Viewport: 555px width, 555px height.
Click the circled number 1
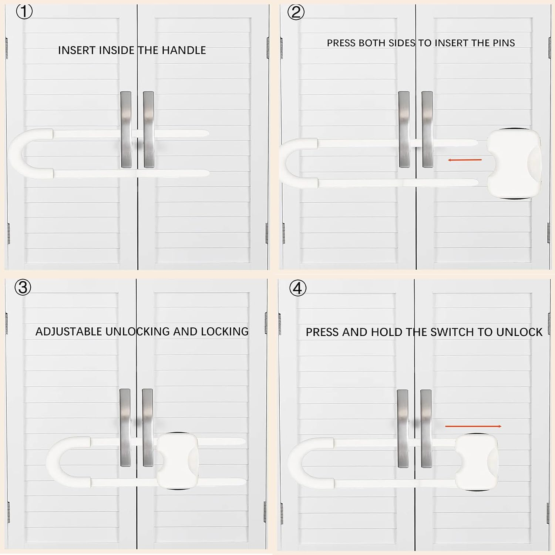click(x=24, y=12)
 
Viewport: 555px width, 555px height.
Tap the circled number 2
click(x=296, y=13)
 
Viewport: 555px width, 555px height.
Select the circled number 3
click(x=23, y=287)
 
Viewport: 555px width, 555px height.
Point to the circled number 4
click(x=298, y=288)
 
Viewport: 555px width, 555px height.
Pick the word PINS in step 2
click(x=504, y=43)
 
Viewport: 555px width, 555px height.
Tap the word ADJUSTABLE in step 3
click(x=68, y=332)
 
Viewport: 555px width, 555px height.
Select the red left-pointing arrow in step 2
click(x=465, y=160)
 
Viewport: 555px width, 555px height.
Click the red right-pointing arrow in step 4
click(x=473, y=426)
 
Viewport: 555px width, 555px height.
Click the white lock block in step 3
click(x=177, y=461)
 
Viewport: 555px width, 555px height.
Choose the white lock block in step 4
click(x=477, y=462)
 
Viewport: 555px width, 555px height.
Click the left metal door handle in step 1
click(x=126, y=129)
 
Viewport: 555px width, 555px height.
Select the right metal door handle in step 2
click(x=427, y=129)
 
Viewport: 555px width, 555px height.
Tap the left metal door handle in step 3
click(x=125, y=427)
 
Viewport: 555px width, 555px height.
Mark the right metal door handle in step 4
click(x=426, y=428)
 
